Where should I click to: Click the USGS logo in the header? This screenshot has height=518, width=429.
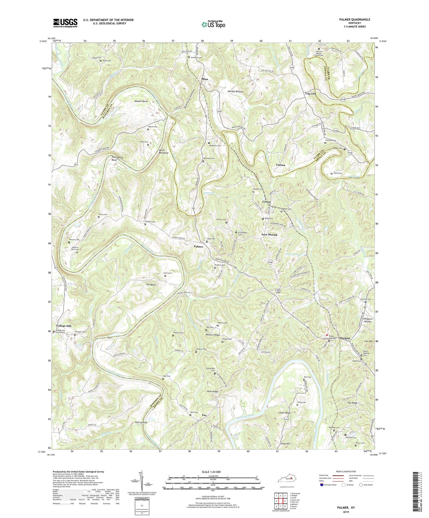click(x=65, y=23)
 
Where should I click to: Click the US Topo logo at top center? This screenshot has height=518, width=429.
click(x=213, y=24)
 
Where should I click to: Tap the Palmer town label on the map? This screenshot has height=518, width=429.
click(x=199, y=247)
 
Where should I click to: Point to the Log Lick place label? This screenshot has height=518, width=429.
click(x=311, y=93)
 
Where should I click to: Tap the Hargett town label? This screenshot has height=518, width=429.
click(x=345, y=338)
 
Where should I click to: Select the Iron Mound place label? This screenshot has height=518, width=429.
click(x=269, y=235)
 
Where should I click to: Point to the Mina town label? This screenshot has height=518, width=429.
click(x=204, y=79)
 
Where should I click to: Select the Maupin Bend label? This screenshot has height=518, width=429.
click(x=141, y=101)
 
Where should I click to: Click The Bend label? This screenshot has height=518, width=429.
click(x=151, y=285)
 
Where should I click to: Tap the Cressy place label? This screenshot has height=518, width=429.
click(x=267, y=202)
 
